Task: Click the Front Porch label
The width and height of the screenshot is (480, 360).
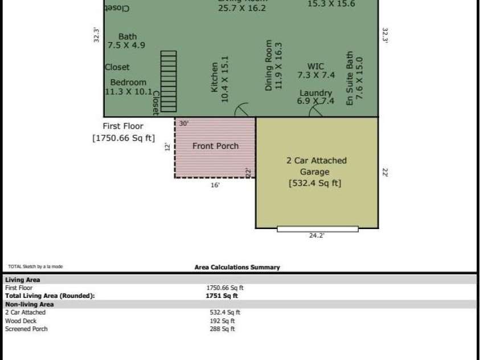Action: pyautogui.click(x=215, y=146)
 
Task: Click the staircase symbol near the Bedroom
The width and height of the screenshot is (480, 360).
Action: pyautogui.click(x=169, y=81)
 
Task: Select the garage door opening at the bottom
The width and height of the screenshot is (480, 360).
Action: pyautogui.click(x=318, y=229)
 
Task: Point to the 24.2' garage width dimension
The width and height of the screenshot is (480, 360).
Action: pyautogui.click(x=317, y=235)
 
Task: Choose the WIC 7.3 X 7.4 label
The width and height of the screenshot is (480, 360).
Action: pyautogui.click(x=316, y=71)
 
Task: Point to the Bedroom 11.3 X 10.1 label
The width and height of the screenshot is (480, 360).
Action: pyautogui.click(x=129, y=87)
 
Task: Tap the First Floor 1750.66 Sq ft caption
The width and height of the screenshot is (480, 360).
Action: pyautogui.click(x=123, y=132)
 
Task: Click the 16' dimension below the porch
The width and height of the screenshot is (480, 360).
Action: pyautogui.click(x=215, y=185)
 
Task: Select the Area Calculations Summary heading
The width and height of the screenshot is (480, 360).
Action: pyautogui.click(x=237, y=267)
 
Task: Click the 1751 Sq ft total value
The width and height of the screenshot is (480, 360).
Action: pyautogui.click(x=221, y=296)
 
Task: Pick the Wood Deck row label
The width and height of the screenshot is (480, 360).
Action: pyautogui.click(x=20, y=321)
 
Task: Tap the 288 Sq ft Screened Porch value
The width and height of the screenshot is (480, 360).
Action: pyautogui.click(x=222, y=329)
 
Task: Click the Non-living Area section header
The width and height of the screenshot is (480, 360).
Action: pyautogui.click(x=29, y=304)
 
